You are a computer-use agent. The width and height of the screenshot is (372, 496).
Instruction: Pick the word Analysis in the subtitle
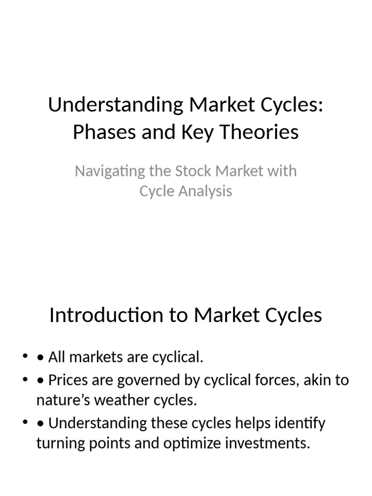click(x=206, y=191)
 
